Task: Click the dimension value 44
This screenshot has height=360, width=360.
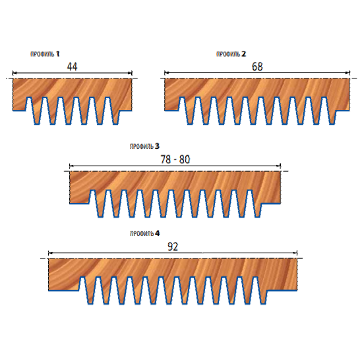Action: (x=72, y=67)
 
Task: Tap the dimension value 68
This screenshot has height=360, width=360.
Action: (x=257, y=67)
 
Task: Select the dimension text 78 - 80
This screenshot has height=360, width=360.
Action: (x=175, y=160)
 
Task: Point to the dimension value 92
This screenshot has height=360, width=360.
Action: (x=173, y=247)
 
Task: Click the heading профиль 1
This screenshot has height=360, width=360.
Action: (x=45, y=54)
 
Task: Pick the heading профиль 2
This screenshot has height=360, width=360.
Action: (x=231, y=54)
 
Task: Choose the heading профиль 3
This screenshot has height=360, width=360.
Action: (x=144, y=146)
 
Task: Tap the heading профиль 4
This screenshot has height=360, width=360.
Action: (x=144, y=233)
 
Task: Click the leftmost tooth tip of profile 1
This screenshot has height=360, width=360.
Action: (x=37, y=125)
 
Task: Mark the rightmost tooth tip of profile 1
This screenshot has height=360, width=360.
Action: (x=115, y=125)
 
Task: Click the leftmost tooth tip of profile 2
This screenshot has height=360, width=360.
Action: (x=190, y=125)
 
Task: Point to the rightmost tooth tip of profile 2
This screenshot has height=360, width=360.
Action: (x=332, y=125)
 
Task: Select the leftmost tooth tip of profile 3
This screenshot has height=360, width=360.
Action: (x=101, y=217)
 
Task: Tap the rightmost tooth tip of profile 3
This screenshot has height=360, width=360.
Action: (x=258, y=217)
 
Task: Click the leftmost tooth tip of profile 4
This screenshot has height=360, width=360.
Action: (x=90, y=304)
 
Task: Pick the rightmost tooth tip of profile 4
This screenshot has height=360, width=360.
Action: (x=263, y=304)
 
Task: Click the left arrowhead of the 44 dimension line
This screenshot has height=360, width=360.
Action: (x=14, y=73)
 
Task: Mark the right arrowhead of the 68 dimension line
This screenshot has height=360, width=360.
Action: (x=348, y=73)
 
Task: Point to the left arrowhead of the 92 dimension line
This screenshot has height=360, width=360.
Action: (x=50, y=253)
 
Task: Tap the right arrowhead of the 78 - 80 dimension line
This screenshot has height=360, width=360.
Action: (x=279, y=165)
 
